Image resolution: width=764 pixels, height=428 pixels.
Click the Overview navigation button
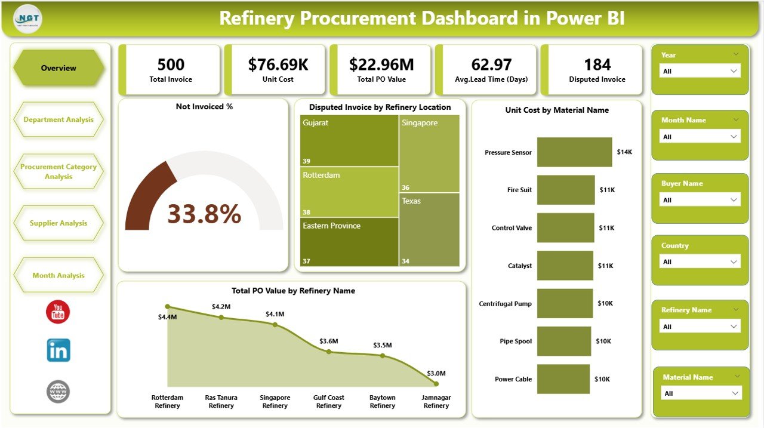tap(58, 68)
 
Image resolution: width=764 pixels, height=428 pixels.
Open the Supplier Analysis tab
tap(58, 223)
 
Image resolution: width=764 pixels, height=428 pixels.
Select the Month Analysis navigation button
tap(58, 275)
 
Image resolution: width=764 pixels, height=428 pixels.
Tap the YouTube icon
tap(58, 312)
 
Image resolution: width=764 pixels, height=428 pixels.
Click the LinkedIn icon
tap(58, 350)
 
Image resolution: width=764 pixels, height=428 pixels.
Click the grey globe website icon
tap(58, 392)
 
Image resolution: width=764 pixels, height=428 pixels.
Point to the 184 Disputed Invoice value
tap(597, 64)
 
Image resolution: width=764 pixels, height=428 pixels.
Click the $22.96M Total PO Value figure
tap(381, 64)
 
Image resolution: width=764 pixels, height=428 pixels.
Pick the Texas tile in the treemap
tap(429, 229)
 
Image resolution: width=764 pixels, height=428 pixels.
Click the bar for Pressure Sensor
tap(574, 152)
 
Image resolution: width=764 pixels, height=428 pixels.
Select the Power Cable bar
tap(563, 379)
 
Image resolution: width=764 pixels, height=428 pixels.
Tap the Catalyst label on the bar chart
tap(520, 266)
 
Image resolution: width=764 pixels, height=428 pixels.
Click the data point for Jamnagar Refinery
tap(436, 384)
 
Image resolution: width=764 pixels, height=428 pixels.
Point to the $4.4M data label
tap(168, 317)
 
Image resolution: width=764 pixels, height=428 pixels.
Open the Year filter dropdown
tap(700, 71)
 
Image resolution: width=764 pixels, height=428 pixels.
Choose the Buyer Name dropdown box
tap(700, 200)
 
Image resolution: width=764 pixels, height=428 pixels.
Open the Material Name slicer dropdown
tap(701, 393)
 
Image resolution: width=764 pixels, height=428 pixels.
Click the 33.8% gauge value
tap(204, 214)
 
